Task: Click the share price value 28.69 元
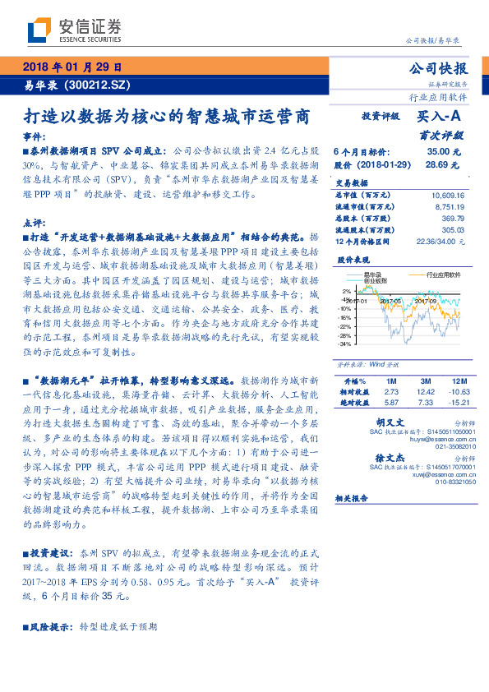[x=444, y=164]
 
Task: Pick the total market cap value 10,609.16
[x=448, y=196]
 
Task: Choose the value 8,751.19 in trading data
[x=448, y=207]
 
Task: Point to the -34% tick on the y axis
[x=344, y=344]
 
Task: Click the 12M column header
[x=456, y=381]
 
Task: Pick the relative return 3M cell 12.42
[x=425, y=392]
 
